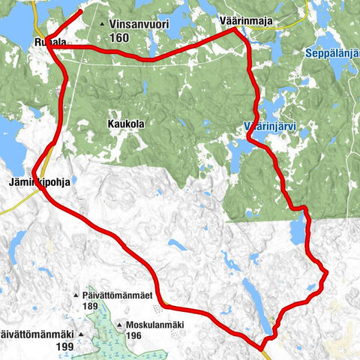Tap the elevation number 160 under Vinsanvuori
coord(118,37)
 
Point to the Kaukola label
coord(125,124)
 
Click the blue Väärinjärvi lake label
coord(270,127)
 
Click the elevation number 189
coord(91,306)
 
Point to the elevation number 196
coord(134,335)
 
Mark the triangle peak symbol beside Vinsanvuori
coord(102,25)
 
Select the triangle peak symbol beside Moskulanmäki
coord(120,325)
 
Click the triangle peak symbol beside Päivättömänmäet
coord(76,295)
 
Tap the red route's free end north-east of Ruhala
coord(80,13)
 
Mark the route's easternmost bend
coord(326,270)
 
